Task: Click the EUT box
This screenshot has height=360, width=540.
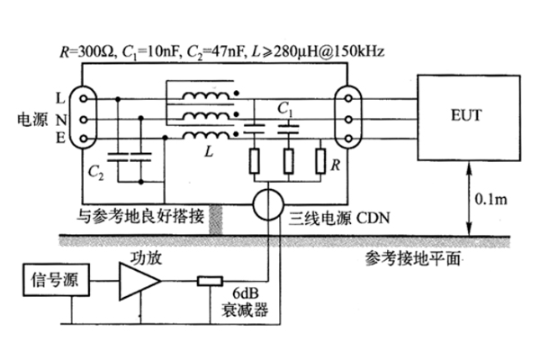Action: coord(472,117)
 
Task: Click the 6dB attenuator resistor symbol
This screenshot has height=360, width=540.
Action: coord(210,282)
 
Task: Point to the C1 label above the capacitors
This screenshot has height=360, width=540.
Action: coord(286,107)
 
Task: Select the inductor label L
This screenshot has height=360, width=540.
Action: coord(209,154)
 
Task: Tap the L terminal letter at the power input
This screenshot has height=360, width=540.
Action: coord(59,97)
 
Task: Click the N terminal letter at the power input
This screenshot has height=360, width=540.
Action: coord(59,118)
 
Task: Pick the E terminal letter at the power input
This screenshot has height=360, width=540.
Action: coord(59,138)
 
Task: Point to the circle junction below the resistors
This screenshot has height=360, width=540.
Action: coord(268,203)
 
